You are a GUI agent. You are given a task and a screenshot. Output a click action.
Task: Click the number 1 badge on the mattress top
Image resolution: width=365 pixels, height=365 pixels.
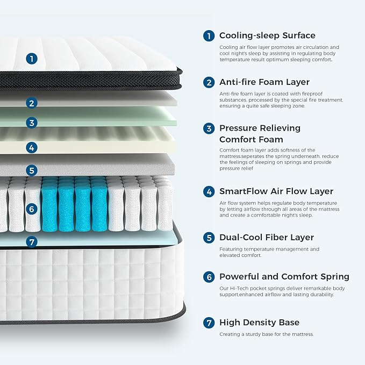pos(32,59)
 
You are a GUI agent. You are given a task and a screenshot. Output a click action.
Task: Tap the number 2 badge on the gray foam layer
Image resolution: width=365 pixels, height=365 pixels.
pos(32,103)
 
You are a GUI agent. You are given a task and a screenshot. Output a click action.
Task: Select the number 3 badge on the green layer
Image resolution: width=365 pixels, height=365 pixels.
pos(32,123)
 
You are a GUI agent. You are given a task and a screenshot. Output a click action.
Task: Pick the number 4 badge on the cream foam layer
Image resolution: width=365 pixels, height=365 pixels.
pos(32,147)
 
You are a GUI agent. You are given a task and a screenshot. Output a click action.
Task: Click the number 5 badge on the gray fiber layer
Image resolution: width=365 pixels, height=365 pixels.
pos(32,170)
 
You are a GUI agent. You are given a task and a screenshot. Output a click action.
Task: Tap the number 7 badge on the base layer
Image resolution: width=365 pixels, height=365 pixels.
pos(32,241)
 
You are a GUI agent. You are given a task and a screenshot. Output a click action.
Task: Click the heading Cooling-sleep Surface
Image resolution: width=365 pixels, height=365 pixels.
pos(267,35)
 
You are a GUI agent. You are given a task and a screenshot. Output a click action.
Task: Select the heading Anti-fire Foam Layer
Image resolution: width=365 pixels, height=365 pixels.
pos(264,82)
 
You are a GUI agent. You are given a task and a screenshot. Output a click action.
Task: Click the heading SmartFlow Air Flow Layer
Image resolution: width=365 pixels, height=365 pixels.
pos(276,191)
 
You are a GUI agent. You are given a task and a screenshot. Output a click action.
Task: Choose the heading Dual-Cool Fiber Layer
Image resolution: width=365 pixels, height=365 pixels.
pos(266,237)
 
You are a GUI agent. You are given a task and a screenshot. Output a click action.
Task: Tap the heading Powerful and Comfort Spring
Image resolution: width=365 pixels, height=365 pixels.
pos(284,277)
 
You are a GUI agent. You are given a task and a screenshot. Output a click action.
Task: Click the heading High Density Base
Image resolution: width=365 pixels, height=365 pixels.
pos(259,323)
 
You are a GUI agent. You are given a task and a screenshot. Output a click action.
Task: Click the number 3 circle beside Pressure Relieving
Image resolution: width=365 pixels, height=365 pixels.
pos(209,128)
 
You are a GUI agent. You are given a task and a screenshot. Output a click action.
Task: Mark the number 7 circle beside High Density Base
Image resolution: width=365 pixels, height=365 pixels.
pos(209,323)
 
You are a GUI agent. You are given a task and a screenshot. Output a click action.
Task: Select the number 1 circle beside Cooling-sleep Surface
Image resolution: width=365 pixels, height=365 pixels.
pos(209,36)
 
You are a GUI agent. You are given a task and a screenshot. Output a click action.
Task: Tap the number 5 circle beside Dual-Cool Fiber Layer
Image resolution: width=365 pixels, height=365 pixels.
pos(209,238)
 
